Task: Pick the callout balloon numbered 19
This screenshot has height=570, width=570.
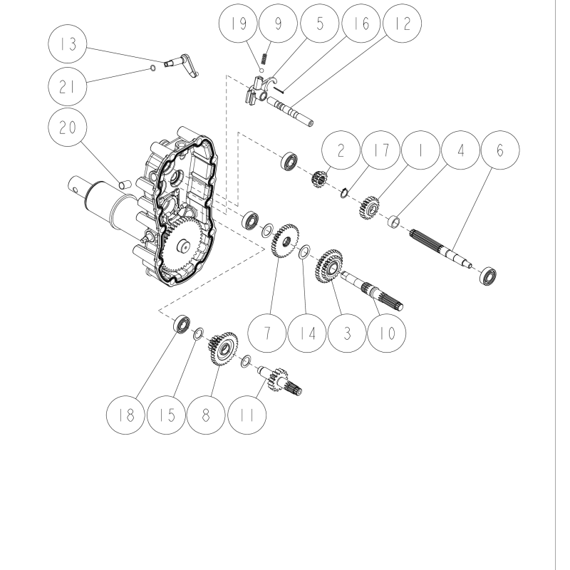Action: (x=239, y=24)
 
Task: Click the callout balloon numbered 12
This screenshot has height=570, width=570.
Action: (x=401, y=24)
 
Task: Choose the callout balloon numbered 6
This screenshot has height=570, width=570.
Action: (x=499, y=151)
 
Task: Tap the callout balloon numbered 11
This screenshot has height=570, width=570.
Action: (x=247, y=415)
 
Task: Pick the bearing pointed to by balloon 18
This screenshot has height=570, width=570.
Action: (x=182, y=325)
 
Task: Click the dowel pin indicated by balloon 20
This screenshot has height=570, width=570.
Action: (x=123, y=185)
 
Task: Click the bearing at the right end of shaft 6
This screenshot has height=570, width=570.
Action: (x=488, y=274)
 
